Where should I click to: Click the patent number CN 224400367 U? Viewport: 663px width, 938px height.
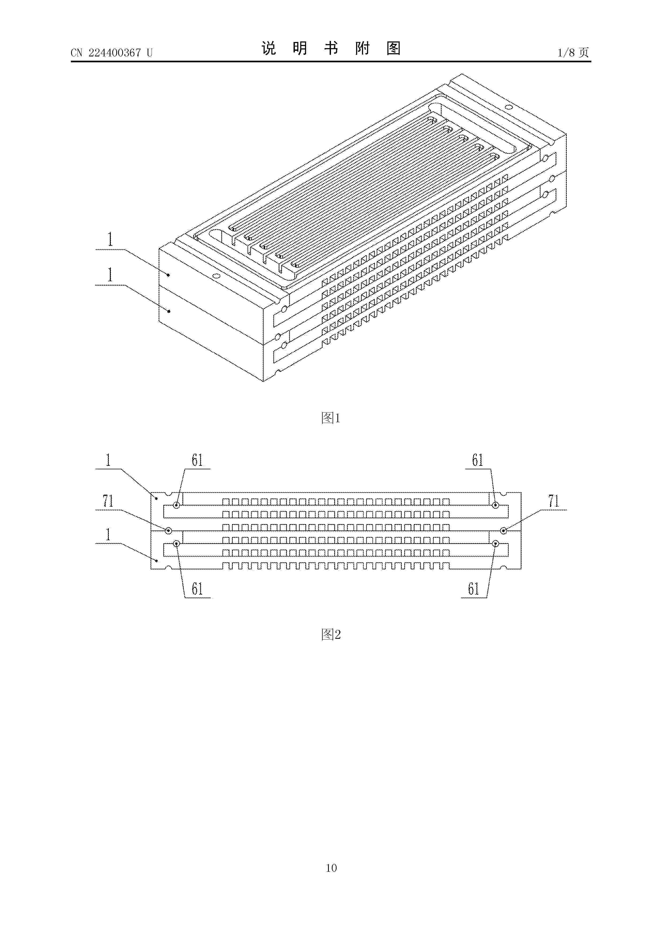click(111, 53)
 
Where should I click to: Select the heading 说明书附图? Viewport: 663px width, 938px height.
click(331, 49)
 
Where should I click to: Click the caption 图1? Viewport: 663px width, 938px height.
click(331, 418)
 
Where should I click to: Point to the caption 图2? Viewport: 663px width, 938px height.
click(331, 635)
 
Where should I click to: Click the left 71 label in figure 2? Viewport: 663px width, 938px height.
click(108, 501)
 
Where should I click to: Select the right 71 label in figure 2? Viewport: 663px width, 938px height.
click(553, 501)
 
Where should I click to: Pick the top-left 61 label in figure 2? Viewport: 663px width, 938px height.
click(197, 460)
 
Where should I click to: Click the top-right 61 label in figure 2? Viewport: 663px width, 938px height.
click(477, 460)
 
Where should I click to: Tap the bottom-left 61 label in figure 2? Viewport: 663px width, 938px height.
click(197, 589)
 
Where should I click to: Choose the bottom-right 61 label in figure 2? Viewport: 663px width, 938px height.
click(473, 589)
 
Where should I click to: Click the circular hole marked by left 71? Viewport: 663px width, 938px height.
click(168, 531)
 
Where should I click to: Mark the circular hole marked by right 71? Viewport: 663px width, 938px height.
click(504, 531)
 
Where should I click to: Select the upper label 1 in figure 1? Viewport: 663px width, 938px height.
click(110, 239)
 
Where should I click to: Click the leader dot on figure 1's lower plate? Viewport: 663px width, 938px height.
click(169, 311)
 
